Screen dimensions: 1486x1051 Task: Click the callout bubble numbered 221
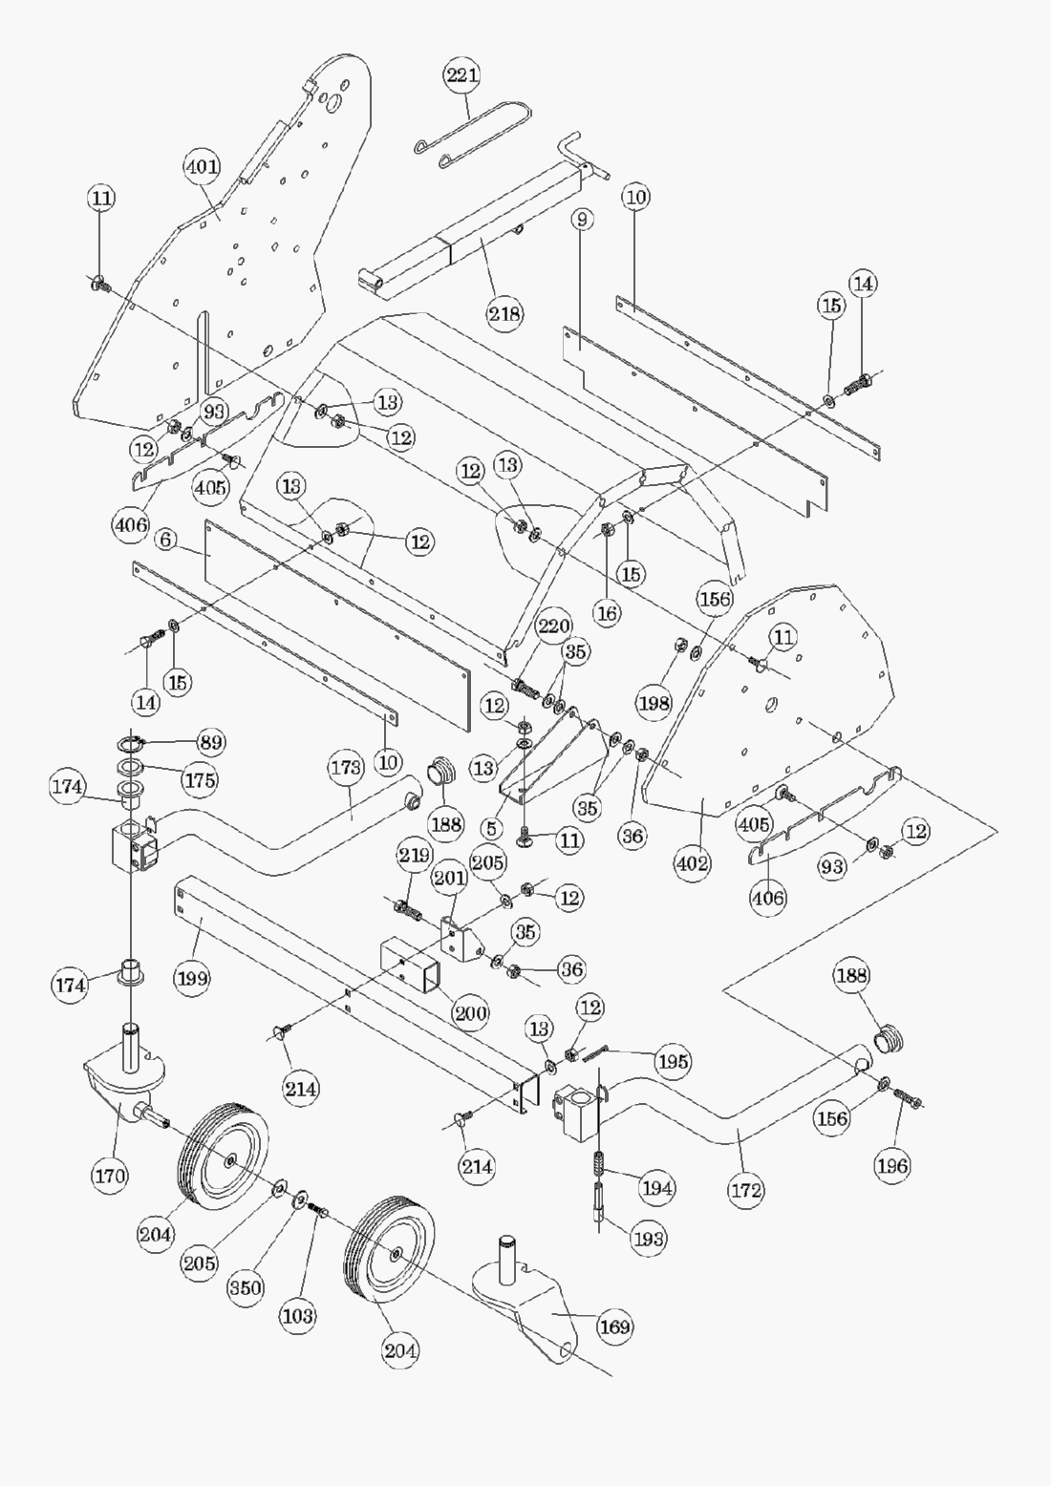tap(461, 74)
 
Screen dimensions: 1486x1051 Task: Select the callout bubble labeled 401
tap(202, 167)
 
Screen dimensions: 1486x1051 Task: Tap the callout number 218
tap(504, 312)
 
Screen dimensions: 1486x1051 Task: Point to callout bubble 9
tap(582, 219)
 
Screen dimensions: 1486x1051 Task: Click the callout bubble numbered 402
tap(693, 863)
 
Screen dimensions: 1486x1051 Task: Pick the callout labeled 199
tap(192, 978)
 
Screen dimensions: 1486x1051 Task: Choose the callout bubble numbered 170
tap(110, 1176)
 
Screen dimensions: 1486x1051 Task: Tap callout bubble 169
tap(614, 1327)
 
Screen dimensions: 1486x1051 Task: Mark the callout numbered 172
tap(745, 1190)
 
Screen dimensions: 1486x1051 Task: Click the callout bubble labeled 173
tap(346, 767)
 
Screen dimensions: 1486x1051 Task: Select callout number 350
tap(245, 1286)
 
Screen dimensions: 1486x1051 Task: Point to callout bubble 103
tap(297, 1315)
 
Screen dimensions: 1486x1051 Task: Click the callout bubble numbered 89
tap(211, 742)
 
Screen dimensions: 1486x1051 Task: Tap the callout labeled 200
tap(470, 1013)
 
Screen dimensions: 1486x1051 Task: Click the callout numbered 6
tap(166, 541)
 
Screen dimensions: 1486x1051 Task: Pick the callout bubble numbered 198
tap(654, 704)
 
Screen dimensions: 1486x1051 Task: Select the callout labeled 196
tap(892, 1165)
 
